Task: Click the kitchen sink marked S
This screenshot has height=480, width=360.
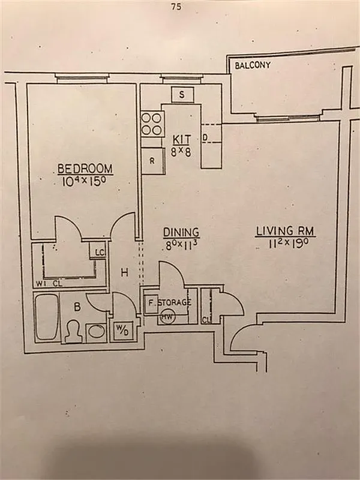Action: click(182, 95)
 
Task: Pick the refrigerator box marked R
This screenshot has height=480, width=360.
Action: click(152, 161)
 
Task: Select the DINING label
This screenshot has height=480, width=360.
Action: click(181, 232)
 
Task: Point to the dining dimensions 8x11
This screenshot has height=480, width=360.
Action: click(181, 245)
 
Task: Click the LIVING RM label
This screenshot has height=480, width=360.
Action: click(286, 230)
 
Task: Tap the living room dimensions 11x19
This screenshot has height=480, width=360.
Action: click(286, 243)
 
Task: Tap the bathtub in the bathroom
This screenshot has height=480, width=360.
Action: click(46, 317)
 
